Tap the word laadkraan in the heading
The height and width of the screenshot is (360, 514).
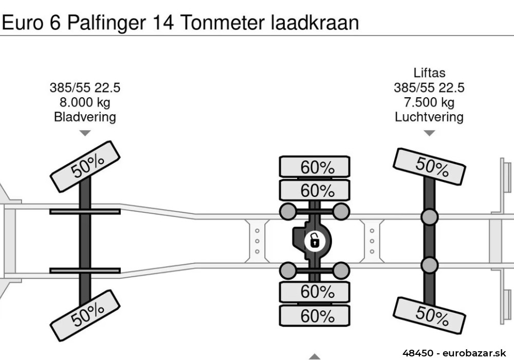[x=315, y=23]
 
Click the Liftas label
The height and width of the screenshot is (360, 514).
[x=429, y=73]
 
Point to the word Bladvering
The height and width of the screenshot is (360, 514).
[x=85, y=117]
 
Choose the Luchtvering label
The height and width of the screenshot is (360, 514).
[x=429, y=117]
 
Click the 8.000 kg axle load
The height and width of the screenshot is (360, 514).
[x=85, y=102]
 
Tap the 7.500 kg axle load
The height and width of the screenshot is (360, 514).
[x=429, y=102]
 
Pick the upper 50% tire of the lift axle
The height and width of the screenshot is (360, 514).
[x=429, y=166]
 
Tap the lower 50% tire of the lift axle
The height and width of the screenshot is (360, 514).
[x=429, y=313]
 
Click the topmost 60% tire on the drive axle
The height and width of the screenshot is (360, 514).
[x=315, y=167]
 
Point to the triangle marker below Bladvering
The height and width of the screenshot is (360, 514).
[x=85, y=133]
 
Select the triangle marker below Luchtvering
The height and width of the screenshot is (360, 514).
[x=429, y=133]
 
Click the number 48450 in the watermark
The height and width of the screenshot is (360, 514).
[x=419, y=353]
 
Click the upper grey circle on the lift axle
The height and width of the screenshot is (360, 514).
[x=429, y=217]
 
